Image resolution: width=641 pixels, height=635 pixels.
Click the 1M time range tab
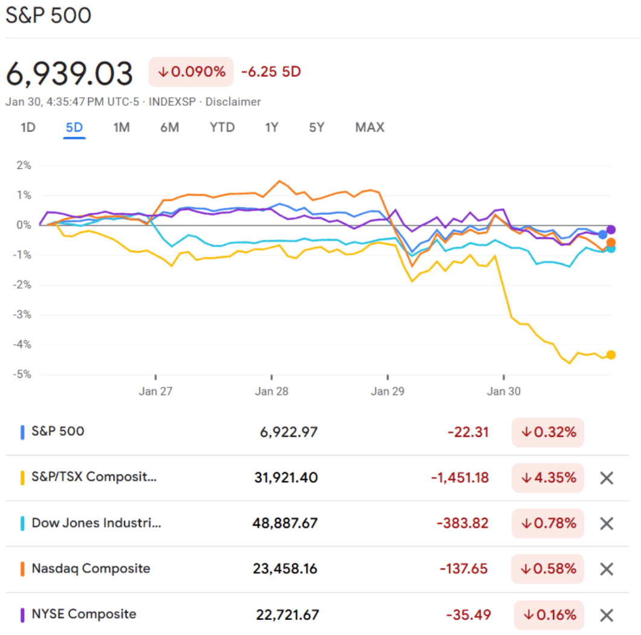coord(121,127)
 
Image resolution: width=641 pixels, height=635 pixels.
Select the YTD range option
coord(222,127)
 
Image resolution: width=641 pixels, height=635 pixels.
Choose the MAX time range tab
coord(369,127)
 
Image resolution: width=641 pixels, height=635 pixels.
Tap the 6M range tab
coord(170,127)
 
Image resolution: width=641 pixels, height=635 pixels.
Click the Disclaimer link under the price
coord(233,102)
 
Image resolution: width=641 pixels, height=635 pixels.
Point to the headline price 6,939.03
coord(69,74)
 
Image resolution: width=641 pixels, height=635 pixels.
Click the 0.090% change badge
coord(191,72)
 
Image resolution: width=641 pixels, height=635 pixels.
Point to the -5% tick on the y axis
coord(23,375)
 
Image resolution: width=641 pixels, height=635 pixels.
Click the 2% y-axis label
coord(24,165)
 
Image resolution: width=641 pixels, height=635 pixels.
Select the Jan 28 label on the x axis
coord(272,392)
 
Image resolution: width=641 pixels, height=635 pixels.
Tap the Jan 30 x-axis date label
coord(504,392)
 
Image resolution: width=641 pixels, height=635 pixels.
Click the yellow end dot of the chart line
coord(611,355)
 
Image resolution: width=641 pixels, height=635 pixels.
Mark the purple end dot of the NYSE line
coord(611,229)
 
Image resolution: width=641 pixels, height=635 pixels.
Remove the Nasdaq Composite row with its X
coord(607,569)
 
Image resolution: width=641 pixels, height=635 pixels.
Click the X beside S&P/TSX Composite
coord(607,478)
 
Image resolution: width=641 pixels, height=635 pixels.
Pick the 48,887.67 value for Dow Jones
coord(285,523)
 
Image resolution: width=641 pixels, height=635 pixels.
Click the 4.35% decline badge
coord(548,478)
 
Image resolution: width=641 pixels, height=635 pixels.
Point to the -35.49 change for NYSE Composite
coord(468,615)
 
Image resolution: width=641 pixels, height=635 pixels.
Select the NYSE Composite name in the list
coord(84,614)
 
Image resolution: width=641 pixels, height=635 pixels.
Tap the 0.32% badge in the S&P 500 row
coord(548,432)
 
